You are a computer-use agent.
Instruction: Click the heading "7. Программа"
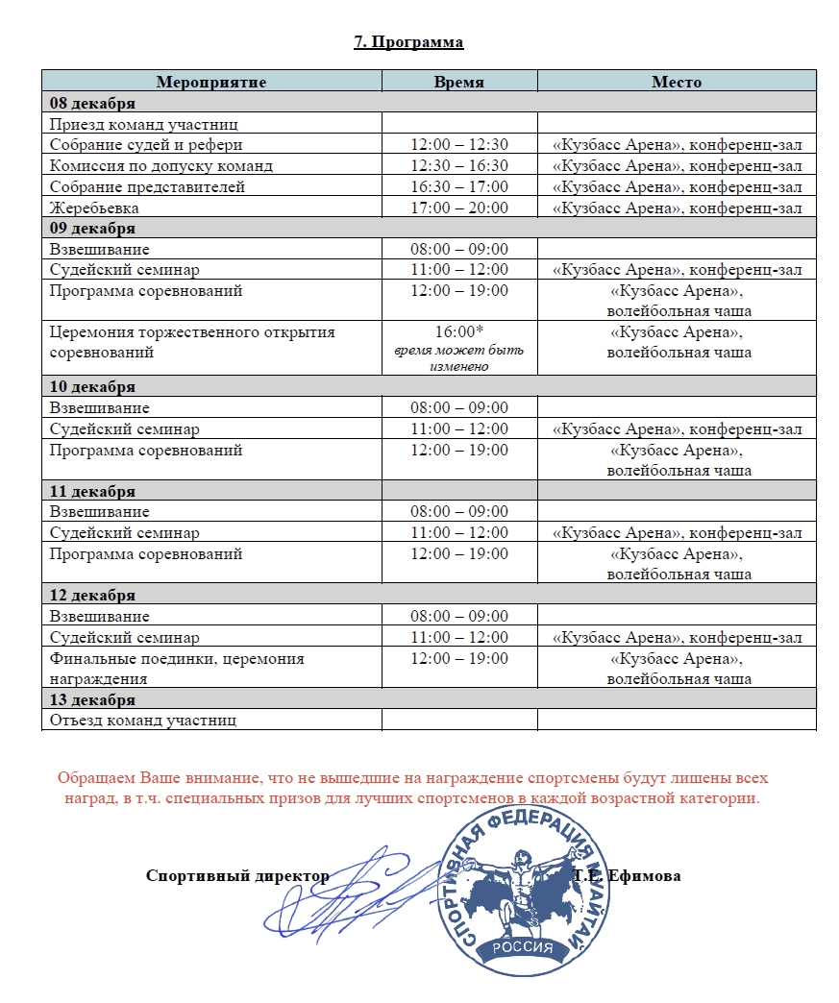(x=408, y=42)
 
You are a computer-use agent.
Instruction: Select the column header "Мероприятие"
(x=211, y=82)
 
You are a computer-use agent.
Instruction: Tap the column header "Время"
(x=458, y=82)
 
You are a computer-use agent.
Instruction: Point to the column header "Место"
(x=677, y=82)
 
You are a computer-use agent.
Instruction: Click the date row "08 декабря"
(x=92, y=103)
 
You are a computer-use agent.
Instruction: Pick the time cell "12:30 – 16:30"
(x=458, y=165)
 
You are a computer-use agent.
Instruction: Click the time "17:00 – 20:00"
(x=458, y=208)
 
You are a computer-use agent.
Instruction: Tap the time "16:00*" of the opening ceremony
(x=458, y=332)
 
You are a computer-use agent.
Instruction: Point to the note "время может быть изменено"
(x=458, y=359)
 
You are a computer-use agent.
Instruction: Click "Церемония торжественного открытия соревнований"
(x=192, y=342)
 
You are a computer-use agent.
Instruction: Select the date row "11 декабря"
(x=92, y=491)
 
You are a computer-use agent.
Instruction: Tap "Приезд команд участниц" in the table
(x=143, y=124)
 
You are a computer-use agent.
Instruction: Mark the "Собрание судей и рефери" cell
(x=146, y=145)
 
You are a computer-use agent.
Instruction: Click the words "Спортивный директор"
(x=236, y=875)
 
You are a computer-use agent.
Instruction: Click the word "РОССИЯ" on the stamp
(x=522, y=946)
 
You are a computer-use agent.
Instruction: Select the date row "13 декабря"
(x=92, y=699)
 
